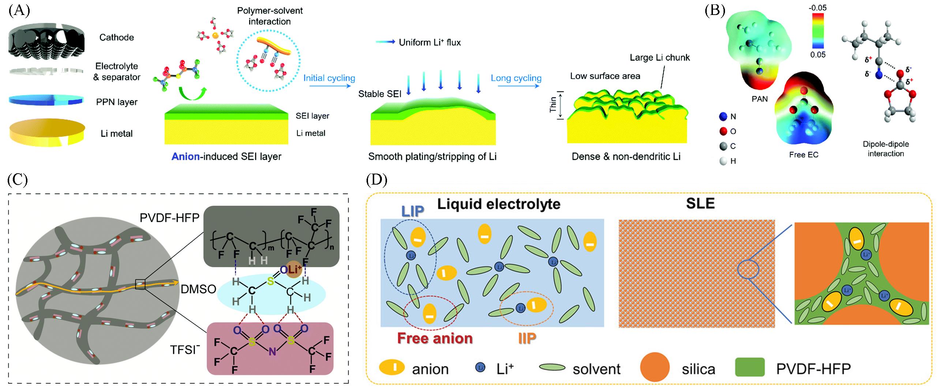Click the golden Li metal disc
pyautogui.click(x=47, y=132)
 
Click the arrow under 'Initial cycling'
pyautogui.click(x=329, y=86)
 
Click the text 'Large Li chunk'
pyautogui.click(x=660, y=57)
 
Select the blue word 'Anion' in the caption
pyautogui.click(x=186, y=156)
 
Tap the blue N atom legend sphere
pyautogui.click(x=723, y=117)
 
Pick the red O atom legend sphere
pyautogui.click(x=723, y=131)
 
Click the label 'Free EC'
pyautogui.click(x=803, y=155)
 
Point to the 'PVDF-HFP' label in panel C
pyautogui.click(x=169, y=218)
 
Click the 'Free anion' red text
pyautogui.click(x=435, y=338)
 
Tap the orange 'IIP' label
pyautogui.click(x=527, y=338)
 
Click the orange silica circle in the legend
pyautogui.click(x=655, y=367)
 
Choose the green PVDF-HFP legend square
pyautogui.click(x=750, y=367)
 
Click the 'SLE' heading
pyautogui.click(x=700, y=203)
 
